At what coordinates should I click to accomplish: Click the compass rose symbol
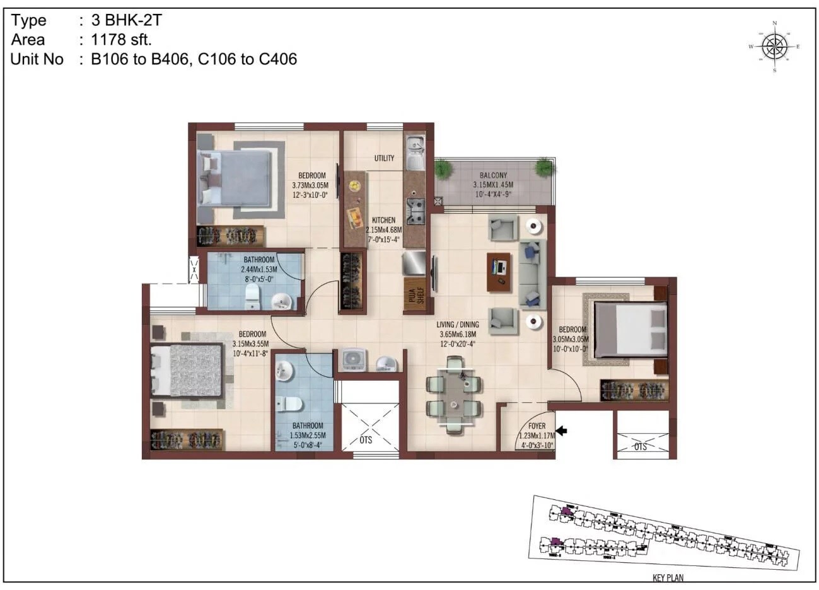tap(774, 46)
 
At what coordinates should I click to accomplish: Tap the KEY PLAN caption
tap(668, 577)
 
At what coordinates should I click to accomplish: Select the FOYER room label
tap(537, 426)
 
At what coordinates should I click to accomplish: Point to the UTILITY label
tap(384, 158)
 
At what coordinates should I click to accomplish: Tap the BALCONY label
tap(493, 175)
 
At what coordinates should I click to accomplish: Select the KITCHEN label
tap(383, 220)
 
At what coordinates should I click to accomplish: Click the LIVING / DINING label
tap(456, 325)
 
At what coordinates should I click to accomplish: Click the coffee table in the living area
tap(500, 271)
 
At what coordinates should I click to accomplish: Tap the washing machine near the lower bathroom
tap(352, 359)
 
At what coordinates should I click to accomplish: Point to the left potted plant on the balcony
tap(443, 168)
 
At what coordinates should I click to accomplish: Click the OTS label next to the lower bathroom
tap(366, 440)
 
